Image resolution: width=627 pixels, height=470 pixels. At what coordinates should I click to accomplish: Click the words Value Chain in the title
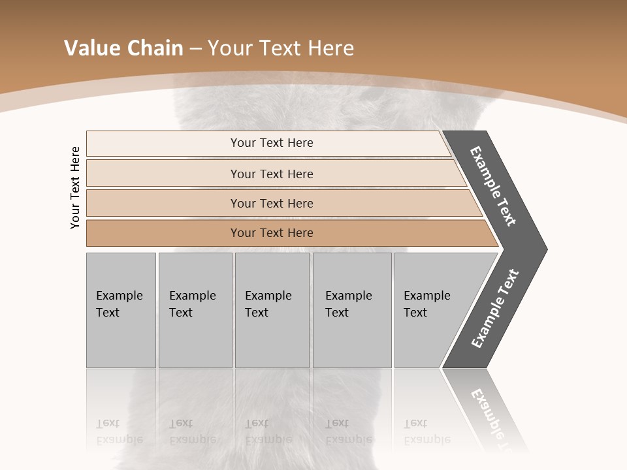pos(123,48)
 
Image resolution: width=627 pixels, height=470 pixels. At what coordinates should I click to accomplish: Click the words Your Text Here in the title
pos(281,48)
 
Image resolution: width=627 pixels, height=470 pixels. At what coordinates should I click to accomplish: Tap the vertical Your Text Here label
pos(75,187)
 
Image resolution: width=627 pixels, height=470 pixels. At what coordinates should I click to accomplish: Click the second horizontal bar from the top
pos(272,174)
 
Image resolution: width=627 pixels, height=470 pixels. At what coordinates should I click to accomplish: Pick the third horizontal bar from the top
pos(272,203)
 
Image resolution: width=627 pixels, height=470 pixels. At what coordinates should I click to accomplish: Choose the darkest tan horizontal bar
pos(272,233)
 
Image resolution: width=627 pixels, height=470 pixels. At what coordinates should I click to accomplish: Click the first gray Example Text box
pos(121,310)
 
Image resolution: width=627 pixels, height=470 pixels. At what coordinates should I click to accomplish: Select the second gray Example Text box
pos(195,310)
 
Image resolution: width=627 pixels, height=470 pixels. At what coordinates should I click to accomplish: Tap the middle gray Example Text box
pos(272,310)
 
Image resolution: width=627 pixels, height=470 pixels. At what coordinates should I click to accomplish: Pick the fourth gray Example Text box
pos(351,310)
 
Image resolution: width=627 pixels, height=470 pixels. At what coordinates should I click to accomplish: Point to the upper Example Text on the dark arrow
pos(493,186)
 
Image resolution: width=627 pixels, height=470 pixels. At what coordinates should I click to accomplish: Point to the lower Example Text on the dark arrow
pos(495,308)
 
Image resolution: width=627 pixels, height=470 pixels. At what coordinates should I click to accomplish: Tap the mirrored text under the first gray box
pos(119,431)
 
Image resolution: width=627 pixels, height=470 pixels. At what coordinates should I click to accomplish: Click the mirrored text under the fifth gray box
pos(426,431)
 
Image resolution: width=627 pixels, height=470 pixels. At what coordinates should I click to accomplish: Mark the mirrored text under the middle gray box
pos(268,431)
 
